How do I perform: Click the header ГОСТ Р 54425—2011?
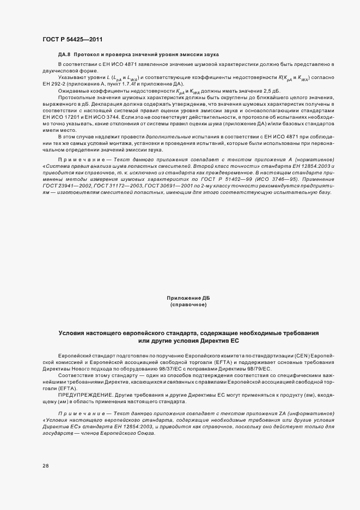(72, 39)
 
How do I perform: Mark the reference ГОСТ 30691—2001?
(162, 185)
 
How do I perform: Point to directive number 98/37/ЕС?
(185, 368)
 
